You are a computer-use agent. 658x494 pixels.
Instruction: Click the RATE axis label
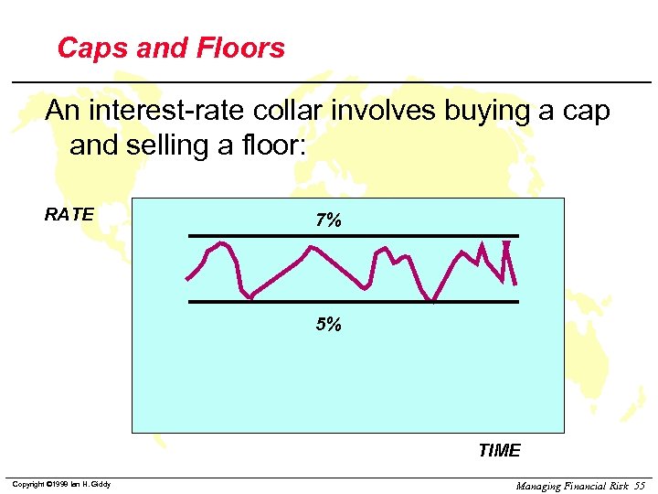[69, 215]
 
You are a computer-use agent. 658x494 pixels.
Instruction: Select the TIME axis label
[499, 450]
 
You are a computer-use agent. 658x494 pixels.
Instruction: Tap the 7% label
[328, 220]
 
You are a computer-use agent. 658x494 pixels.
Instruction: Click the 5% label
[328, 324]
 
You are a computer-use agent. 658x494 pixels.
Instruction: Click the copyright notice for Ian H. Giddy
[61, 484]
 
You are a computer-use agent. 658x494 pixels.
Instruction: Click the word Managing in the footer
[538, 486]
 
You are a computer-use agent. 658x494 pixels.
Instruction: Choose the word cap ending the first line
[586, 112]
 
